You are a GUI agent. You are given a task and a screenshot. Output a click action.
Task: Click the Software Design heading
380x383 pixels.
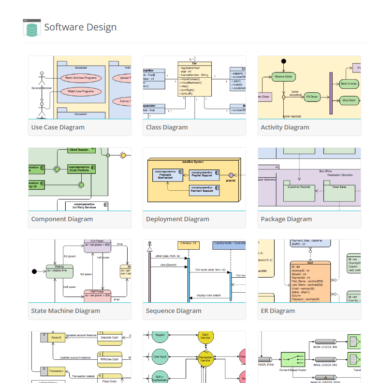(80, 27)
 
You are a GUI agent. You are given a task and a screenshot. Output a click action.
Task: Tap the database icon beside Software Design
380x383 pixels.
(31, 28)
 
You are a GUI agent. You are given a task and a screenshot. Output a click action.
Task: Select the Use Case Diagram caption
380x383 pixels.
(58, 128)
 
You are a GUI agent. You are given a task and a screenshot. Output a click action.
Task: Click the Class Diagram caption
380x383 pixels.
(167, 128)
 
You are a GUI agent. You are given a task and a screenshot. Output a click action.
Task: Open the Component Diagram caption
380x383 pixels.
(62, 219)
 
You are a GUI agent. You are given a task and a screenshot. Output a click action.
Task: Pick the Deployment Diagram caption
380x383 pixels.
(177, 219)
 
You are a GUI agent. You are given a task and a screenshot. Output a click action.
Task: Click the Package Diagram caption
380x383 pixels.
(286, 219)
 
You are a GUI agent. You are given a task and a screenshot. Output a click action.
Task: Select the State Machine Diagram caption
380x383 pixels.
(66, 311)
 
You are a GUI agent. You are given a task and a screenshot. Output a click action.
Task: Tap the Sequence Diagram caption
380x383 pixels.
(174, 311)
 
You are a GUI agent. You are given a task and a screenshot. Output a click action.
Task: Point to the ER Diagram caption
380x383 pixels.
(278, 311)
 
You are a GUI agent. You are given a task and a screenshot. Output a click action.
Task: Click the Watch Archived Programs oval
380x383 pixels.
(81, 78)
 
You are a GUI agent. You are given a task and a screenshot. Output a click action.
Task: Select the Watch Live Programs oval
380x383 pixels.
(81, 91)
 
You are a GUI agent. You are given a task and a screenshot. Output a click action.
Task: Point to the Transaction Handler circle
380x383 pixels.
(205, 358)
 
